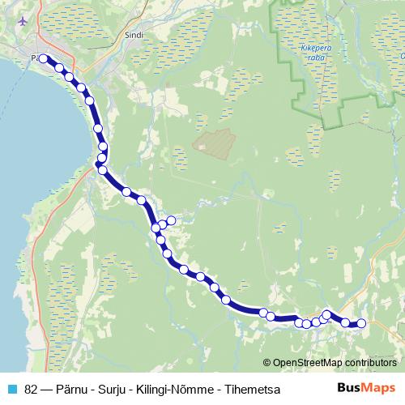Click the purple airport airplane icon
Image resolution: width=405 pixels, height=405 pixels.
[x=23, y=19]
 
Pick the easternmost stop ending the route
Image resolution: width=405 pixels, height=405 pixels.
[x=362, y=324]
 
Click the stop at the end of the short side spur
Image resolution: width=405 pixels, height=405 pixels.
[x=172, y=220]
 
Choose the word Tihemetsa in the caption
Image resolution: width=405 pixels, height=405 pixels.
[x=253, y=390]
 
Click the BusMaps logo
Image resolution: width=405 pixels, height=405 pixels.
[x=366, y=389]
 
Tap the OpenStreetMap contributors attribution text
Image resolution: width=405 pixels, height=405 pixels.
[x=335, y=363]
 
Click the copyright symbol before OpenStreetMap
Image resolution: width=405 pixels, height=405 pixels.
[x=267, y=363]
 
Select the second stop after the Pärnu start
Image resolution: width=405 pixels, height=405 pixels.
[x=70, y=78]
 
